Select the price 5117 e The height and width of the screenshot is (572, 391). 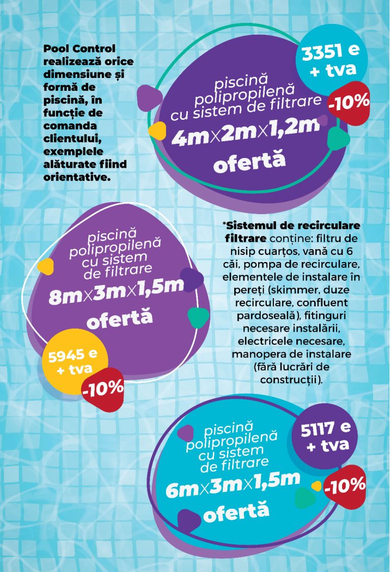tap(325, 430)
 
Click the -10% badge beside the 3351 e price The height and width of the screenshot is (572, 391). tap(349, 102)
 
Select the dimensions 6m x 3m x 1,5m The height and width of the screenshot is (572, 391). tap(233, 485)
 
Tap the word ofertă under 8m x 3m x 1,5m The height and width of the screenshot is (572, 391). tap(120, 319)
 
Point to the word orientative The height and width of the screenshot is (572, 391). tap(74, 177)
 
